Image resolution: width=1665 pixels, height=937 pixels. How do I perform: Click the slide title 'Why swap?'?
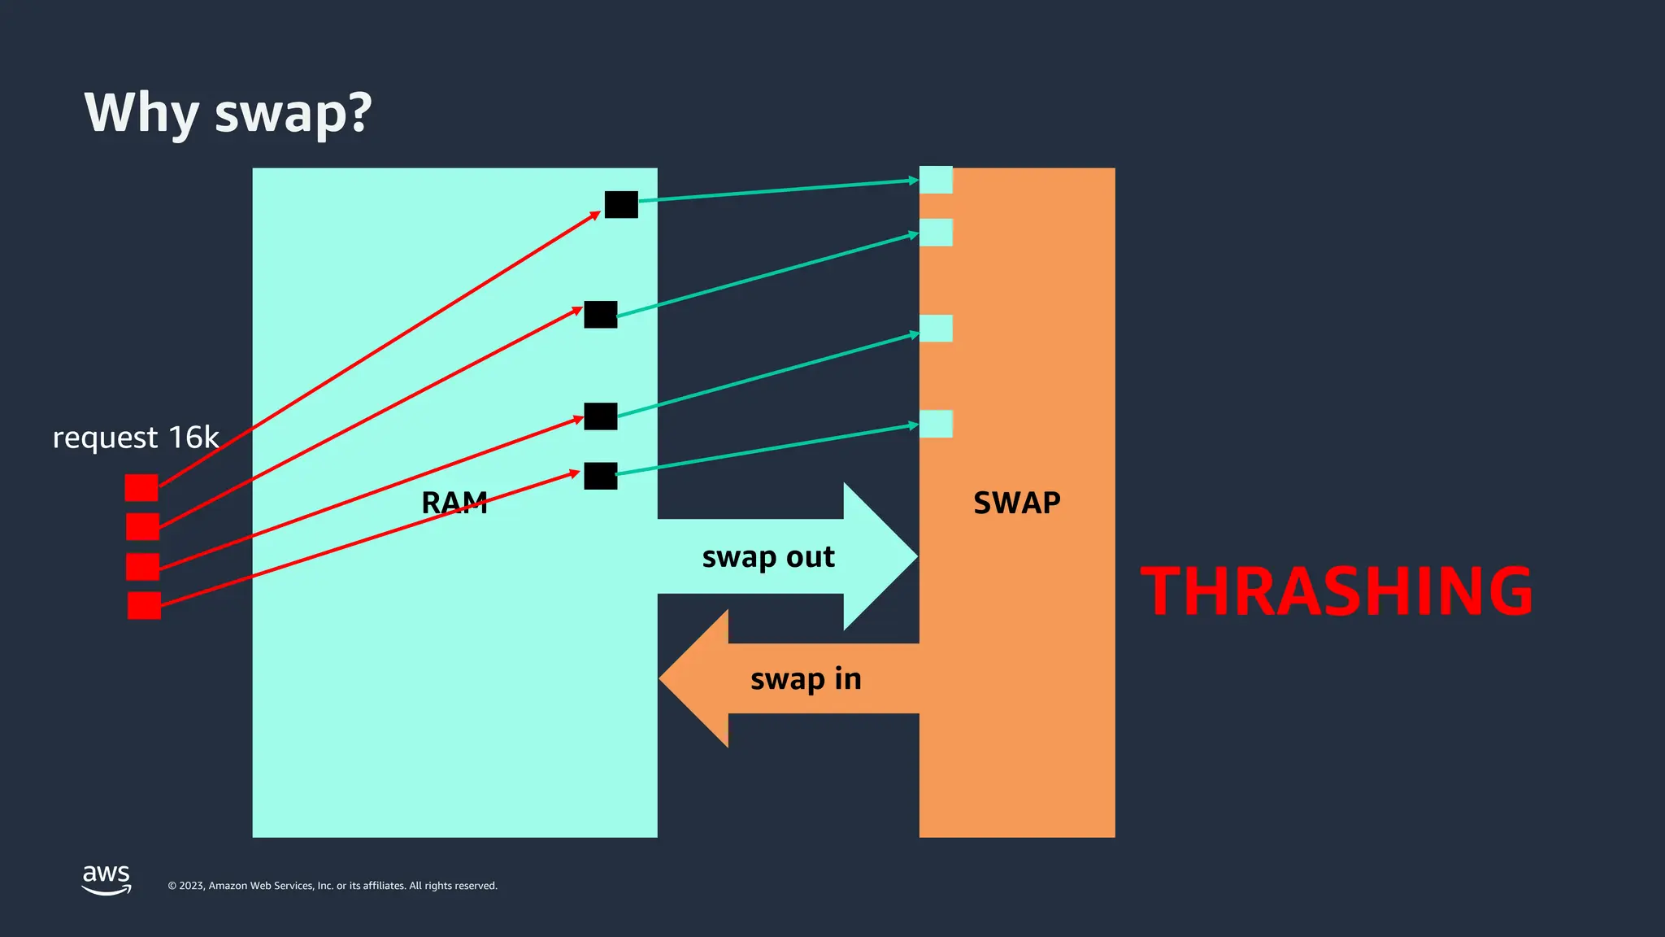point(228,112)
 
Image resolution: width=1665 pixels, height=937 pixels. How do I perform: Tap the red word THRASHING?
point(1337,591)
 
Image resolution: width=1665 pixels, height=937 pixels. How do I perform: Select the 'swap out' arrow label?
point(768,557)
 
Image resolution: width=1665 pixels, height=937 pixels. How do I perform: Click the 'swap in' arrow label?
point(806,679)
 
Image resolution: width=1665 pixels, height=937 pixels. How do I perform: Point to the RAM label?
point(454,503)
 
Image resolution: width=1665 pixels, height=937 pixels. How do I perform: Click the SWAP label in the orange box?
point(1017,503)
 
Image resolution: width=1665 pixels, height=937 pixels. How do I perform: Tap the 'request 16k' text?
point(136,438)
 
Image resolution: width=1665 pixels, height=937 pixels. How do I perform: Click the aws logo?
point(107,878)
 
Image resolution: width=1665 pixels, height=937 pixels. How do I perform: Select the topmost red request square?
point(141,488)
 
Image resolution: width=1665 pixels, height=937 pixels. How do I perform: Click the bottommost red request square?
point(144,605)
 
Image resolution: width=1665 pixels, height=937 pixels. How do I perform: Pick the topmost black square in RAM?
point(621,204)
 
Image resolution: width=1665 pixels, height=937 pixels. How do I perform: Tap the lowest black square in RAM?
point(601,476)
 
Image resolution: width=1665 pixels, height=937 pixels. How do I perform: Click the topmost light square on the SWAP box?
point(936,180)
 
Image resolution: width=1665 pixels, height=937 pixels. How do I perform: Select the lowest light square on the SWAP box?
point(936,424)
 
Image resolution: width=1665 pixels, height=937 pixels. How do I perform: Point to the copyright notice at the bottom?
point(333,886)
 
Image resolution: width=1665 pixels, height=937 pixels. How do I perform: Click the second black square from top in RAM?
point(601,314)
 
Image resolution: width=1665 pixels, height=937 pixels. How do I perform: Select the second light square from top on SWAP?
point(936,233)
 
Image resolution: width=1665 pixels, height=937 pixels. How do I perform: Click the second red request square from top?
point(142,526)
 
